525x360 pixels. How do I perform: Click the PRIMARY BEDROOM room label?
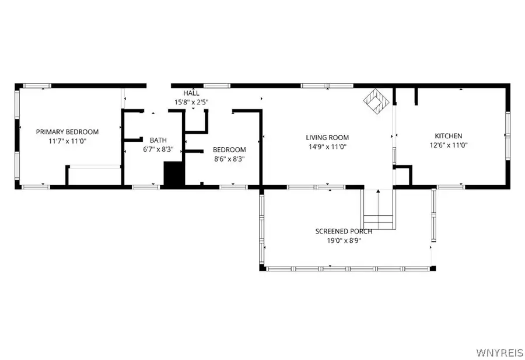pos(67,132)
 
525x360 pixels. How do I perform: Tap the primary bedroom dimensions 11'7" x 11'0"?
pos(67,141)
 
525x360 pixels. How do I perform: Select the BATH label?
pos(157,140)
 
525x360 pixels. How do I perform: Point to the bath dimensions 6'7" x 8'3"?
pos(157,149)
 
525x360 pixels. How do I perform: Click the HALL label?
pos(191,93)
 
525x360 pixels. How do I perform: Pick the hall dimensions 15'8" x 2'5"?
pos(191,102)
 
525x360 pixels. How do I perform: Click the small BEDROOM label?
pos(229,149)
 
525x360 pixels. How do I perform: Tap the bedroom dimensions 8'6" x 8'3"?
pos(229,158)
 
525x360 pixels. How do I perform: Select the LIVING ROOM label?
pos(327,138)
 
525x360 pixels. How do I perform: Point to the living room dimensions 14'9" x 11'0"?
pos(327,146)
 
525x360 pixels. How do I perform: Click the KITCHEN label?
pos(448,136)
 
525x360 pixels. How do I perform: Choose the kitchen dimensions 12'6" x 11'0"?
pos(448,145)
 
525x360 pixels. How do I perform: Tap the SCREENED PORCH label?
pos(344,231)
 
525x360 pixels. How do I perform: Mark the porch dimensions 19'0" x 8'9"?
pos(344,240)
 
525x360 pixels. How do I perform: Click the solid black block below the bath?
pos(173,174)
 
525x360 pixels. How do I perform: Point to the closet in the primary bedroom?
pos(94,176)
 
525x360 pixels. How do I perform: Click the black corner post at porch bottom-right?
pos(432,268)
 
